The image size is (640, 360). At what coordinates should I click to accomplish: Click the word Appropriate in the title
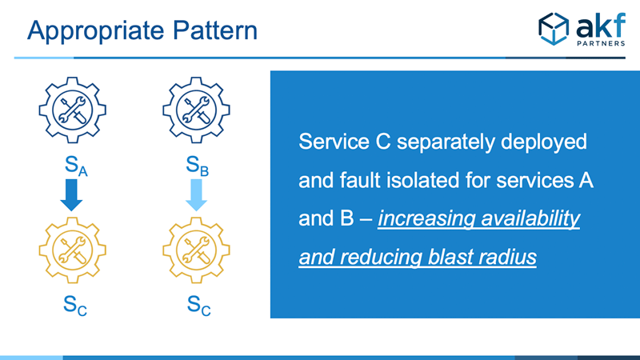coord(95,31)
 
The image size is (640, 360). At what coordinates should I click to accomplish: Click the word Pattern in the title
coord(214,30)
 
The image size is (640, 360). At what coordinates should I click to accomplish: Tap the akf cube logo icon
coord(554,29)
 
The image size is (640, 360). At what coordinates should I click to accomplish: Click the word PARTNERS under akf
coord(601,43)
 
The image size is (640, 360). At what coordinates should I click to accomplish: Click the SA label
coord(76,166)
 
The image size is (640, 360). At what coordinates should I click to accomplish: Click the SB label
coord(198,166)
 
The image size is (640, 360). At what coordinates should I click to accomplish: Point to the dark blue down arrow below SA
coord(71,195)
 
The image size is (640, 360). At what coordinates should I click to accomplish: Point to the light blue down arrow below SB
coord(196,195)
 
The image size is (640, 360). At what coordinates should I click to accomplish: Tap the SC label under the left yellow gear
coord(75,306)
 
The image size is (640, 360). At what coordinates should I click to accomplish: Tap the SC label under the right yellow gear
coord(198,306)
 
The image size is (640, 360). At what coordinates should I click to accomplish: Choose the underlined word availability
coord(530,219)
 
